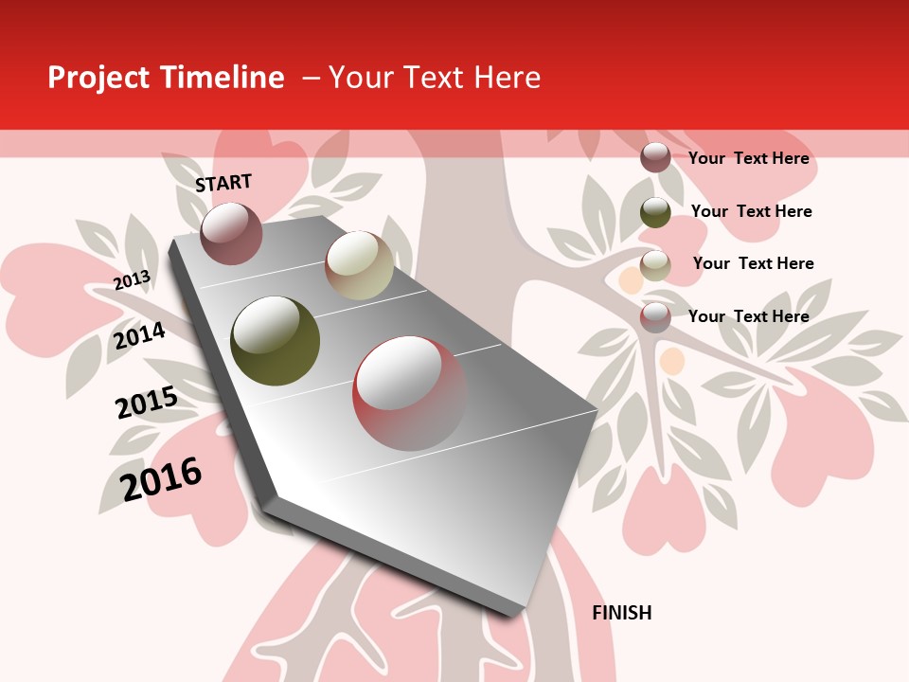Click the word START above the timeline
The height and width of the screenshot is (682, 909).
(x=223, y=183)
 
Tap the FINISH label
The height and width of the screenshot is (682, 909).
(x=621, y=613)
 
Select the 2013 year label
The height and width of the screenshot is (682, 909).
(x=132, y=280)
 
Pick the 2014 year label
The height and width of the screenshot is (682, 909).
(x=139, y=335)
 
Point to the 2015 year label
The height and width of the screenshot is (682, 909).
(x=146, y=403)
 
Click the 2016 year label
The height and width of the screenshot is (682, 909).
(x=161, y=478)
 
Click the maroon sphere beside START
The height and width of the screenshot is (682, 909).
(x=231, y=233)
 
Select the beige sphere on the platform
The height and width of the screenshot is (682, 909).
(x=359, y=264)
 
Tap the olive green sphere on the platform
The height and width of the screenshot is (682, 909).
(x=275, y=340)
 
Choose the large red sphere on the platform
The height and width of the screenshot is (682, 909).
(x=409, y=392)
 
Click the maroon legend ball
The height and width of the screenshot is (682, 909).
(x=655, y=157)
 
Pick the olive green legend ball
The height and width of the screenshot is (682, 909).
(x=655, y=212)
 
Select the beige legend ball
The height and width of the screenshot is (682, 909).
(x=655, y=265)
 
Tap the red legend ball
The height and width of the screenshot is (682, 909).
(x=655, y=317)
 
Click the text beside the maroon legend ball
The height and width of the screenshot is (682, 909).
(x=748, y=158)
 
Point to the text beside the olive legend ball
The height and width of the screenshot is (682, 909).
(x=751, y=211)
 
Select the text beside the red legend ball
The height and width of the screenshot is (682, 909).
(x=748, y=316)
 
